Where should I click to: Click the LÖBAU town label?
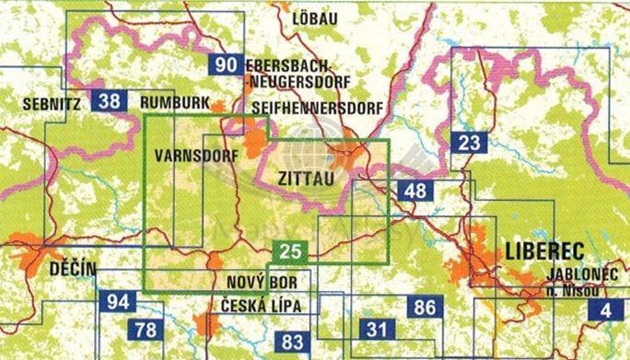313,17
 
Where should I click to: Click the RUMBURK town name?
175,102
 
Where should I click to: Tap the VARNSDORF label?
192,153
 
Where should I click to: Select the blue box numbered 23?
469,142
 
